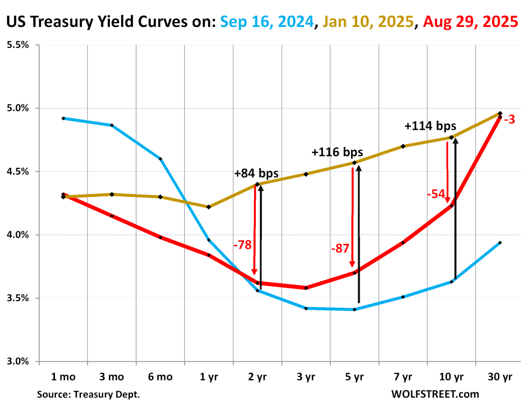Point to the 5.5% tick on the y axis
[18, 45]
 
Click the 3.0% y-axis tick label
[18, 362]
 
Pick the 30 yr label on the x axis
[500, 377]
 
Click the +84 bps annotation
[256, 173]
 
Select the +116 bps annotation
[337, 152]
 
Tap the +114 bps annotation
[430, 126]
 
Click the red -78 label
[243, 245]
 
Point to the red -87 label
[339, 249]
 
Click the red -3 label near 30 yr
[510, 120]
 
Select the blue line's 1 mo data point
[63, 118]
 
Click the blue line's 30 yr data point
[500, 243]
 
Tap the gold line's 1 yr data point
[209, 207]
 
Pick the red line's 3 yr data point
[306, 288]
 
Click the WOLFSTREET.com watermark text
[435, 394]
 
